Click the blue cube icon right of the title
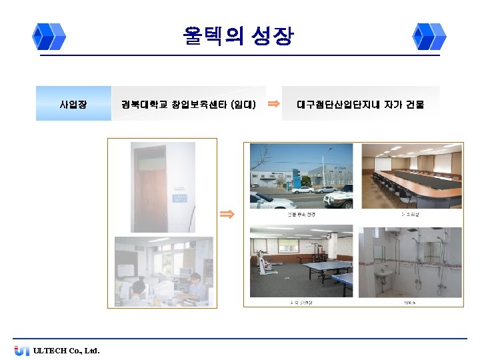(429, 37)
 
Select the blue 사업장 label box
(73, 104)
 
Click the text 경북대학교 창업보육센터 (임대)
(189, 104)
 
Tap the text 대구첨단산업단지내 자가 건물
(360, 104)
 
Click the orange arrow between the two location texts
(273, 103)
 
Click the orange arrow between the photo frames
(227, 214)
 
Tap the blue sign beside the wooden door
(180, 197)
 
